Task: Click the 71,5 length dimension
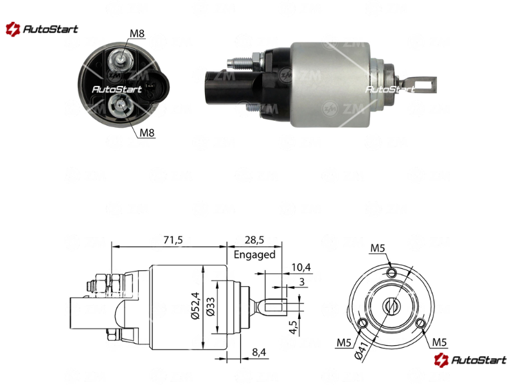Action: [x=173, y=240]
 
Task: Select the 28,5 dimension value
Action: [x=254, y=240]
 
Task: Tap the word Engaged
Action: [x=254, y=255]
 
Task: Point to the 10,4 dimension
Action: [x=301, y=268]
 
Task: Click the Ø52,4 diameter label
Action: [x=195, y=305]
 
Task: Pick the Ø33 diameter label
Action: [x=211, y=307]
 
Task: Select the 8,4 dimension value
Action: [x=259, y=352]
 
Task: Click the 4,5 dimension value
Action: [x=294, y=327]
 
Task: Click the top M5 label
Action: [x=377, y=248]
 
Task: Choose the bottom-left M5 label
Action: [x=344, y=343]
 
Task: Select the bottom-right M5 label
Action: [x=439, y=342]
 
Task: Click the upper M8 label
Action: [x=137, y=33]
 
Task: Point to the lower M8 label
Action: [x=147, y=133]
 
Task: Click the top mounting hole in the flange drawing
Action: [x=391, y=272]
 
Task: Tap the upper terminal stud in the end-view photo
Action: [x=121, y=59]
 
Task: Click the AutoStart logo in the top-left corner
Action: [x=42, y=29]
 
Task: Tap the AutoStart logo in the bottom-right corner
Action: [x=470, y=360]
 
